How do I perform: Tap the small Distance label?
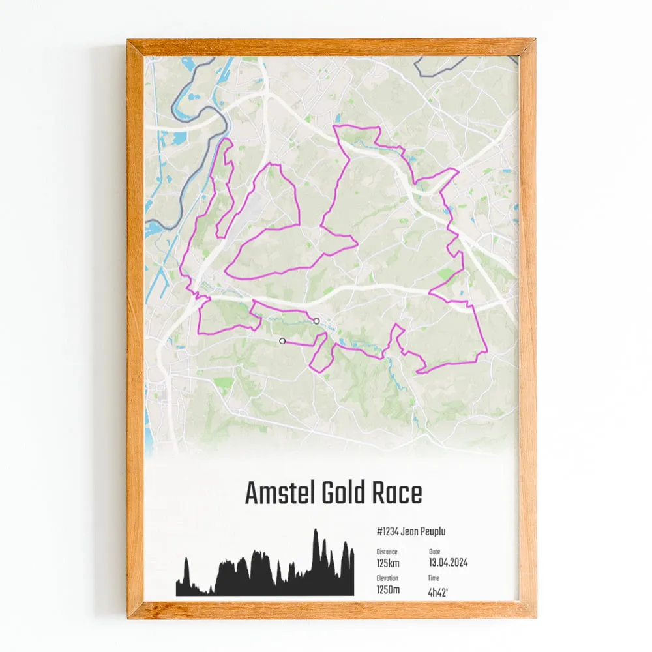tap(387, 552)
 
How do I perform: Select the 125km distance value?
tap(389, 563)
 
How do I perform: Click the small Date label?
tap(434, 552)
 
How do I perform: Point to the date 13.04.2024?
tap(448, 563)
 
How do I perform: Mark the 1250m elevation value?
tap(389, 590)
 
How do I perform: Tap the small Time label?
tap(434, 578)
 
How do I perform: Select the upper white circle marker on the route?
tap(316, 321)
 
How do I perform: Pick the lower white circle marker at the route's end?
tap(282, 340)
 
